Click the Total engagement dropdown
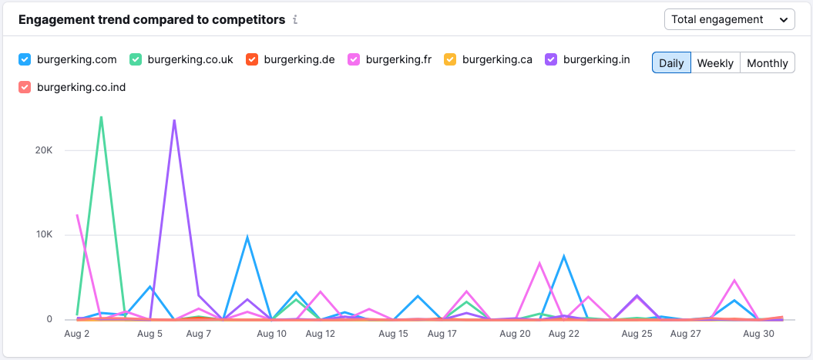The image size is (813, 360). [x=729, y=19]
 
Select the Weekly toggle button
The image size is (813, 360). [x=715, y=63]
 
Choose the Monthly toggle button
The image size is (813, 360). [x=767, y=63]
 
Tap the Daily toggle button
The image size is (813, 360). [x=671, y=63]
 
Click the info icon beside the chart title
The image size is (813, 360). [x=295, y=20]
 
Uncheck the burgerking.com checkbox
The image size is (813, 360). [x=25, y=59]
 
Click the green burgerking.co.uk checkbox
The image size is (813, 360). [x=136, y=59]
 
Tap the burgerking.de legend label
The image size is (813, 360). [x=299, y=59]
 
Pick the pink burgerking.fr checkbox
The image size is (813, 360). [x=354, y=59]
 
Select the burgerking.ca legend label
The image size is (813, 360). [x=497, y=59]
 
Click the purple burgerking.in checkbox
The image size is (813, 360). [x=551, y=59]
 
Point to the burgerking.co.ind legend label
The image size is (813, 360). [x=81, y=87]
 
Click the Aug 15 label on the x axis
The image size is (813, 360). [x=393, y=334]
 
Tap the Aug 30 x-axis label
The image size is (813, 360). [x=758, y=334]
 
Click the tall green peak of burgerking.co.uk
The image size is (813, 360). [x=101, y=117]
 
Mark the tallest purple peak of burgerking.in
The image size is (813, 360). [x=174, y=120]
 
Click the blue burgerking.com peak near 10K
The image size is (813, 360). [x=247, y=237]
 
